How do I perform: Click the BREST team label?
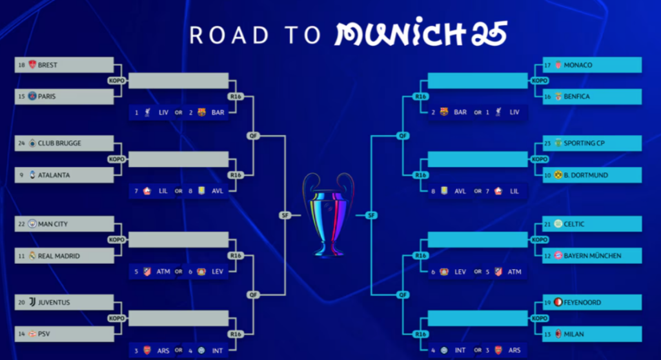click(x=48, y=65)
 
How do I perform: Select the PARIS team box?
click(x=47, y=97)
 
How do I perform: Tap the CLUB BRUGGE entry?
click(x=59, y=143)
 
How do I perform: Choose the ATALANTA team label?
click(x=54, y=175)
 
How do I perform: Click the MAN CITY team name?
click(x=53, y=224)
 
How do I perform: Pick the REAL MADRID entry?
click(x=59, y=256)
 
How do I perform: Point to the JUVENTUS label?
click(x=54, y=302)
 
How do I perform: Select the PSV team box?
click(x=45, y=334)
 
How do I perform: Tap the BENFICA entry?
click(x=576, y=97)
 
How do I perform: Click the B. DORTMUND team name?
click(x=585, y=175)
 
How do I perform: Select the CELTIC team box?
click(x=574, y=224)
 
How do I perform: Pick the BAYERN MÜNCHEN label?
click(x=592, y=256)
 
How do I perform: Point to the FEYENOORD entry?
click(x=582, y=302)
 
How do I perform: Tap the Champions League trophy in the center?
click(x=329, y=214)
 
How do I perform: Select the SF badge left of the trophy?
click(x=285, y=215)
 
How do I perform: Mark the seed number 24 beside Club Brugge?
click(x=21, y=143)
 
